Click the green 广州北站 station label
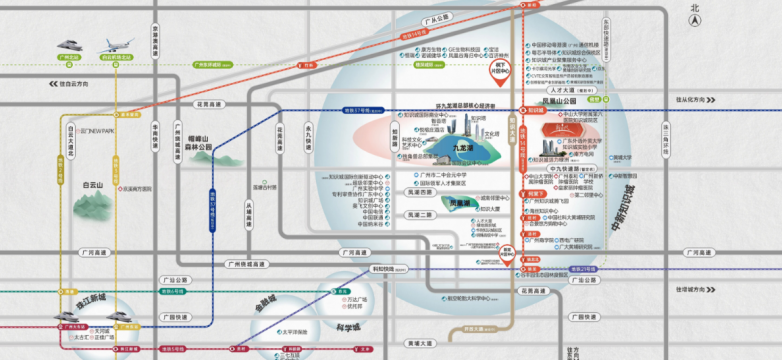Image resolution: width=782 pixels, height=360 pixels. click(67, 58)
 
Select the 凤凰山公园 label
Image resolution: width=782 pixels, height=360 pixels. click(560, 102)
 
